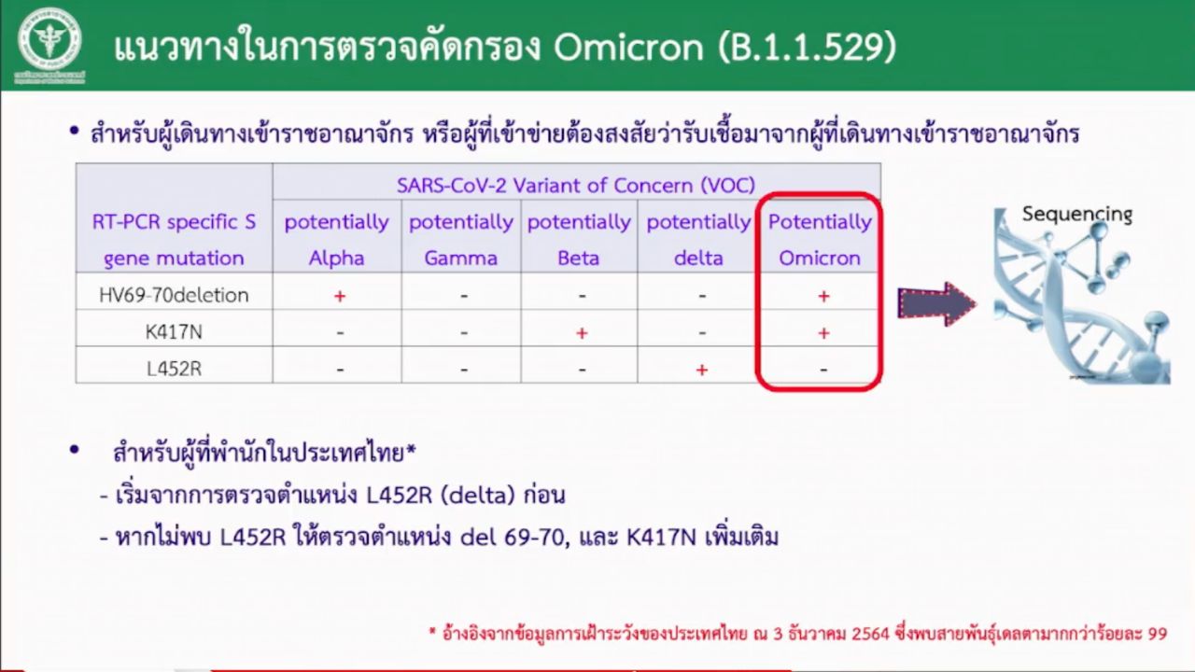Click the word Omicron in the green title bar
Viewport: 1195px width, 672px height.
point(628,48)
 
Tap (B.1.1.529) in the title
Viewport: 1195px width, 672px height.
point(808,48)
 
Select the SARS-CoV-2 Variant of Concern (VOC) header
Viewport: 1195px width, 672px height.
point(576,186)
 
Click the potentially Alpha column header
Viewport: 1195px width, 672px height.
point(337,240)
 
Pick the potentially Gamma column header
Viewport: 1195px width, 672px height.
point(461,240)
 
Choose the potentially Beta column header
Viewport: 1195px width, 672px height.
point(579,240)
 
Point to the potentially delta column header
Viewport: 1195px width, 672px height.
point(698,240)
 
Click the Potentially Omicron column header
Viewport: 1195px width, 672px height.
point(820,240)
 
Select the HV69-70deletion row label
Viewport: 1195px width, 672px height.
point(174,295)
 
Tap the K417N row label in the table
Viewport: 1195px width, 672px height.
point(174,332)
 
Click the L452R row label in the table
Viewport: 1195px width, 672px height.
point(174,369)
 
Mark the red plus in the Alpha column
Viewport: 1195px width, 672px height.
point(340,296)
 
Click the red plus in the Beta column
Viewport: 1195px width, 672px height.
point(582,333)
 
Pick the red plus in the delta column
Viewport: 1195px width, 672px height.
point(702,370)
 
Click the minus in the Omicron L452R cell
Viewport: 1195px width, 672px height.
point(823,369)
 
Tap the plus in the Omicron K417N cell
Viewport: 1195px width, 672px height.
point(823,333)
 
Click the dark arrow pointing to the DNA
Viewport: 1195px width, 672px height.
point(936,303)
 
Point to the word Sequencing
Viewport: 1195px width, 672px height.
point(1077,215)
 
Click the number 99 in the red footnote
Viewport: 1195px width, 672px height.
point(1157,634)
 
